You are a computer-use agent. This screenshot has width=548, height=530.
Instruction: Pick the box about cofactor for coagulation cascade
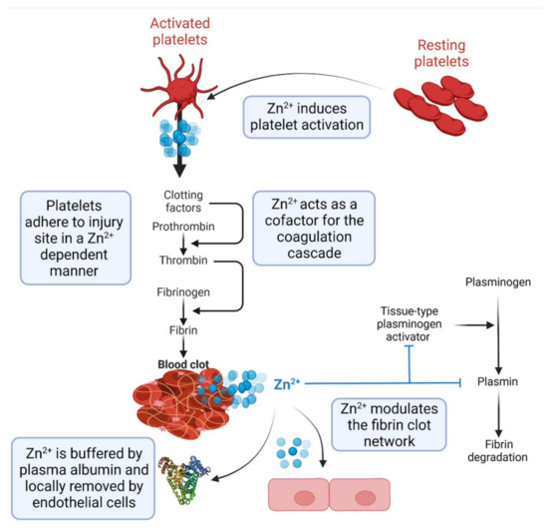[313, 228]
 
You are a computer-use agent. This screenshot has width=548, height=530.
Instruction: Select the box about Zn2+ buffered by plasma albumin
[90, 474]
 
